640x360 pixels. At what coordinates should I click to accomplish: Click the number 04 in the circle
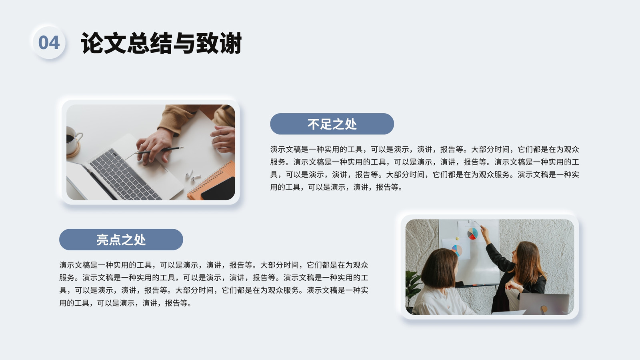(49, 42)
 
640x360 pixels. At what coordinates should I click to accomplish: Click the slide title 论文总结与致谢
(162, 43)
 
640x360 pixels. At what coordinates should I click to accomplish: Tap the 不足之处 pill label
(332, 124)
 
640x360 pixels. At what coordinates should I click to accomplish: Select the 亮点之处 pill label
(121, 240)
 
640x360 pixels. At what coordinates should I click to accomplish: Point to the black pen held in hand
(160, 150)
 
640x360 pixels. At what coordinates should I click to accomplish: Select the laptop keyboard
(123, 175)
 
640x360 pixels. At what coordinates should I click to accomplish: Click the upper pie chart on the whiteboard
(472, 234)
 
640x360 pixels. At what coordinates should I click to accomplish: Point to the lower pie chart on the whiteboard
(456, 250)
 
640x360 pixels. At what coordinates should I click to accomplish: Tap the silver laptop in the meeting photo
(544, 304)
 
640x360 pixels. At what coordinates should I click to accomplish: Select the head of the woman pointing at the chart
(526, 258)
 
